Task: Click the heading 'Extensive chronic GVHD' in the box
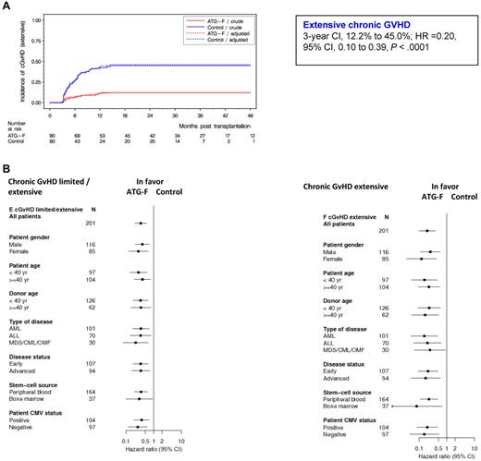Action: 323,27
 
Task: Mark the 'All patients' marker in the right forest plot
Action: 428,230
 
